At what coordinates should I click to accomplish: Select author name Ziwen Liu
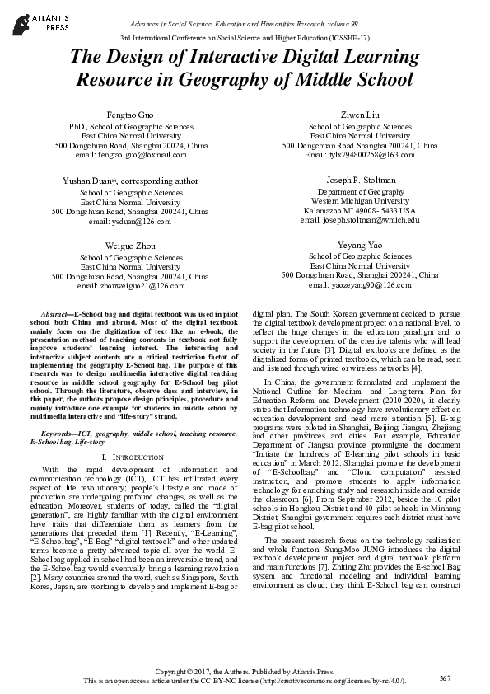click(x=360, y=113)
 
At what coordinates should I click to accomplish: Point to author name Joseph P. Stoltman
click(x=360, y=180)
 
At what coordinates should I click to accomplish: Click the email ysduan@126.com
click(x=130, y=221)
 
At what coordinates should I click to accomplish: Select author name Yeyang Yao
click(x=360, y=246)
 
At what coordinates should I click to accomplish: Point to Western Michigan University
click(x=360, y=200)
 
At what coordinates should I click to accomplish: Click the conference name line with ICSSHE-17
click(x=245, y=38)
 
